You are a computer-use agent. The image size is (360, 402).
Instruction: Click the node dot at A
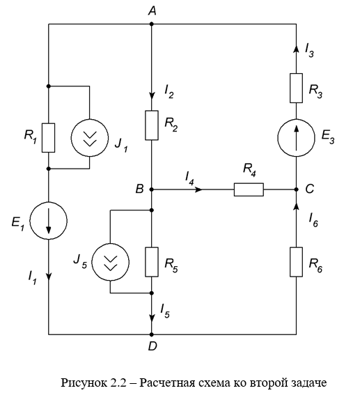[x=151, y=24]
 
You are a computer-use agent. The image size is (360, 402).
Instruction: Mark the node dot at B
[x=151, y=190]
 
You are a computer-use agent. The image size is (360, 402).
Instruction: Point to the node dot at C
[x=296, y=190]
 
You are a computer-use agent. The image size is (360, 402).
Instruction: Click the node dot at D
[x=151, y=334]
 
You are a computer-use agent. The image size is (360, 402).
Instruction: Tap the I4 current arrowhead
[x=199, y=190]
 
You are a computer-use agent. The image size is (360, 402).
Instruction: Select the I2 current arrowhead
[x=152, y=95]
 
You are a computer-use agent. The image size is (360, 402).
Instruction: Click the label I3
[x=309, y=50]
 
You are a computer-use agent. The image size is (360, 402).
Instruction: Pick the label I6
[x=313, y=220]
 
